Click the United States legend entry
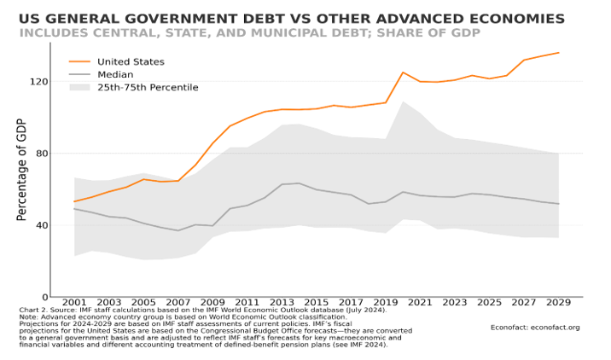(x=131, y=61)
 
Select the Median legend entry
(x=115, y=74)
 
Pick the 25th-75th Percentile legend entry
(x=148, y=87)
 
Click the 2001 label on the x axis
(x=75, y=303)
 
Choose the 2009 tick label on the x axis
(x=212, y=303)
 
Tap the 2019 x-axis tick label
(x=386, y=303)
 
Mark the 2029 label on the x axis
(x=558, y=303)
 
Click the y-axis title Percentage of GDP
(x=22, y=171)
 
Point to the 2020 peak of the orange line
(x=403, y=73)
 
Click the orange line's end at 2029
(x=558, y=53)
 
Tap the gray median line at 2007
(x=178, y=230)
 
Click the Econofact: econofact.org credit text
(x=535, y=327)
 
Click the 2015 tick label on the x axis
(x=317, y=303)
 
